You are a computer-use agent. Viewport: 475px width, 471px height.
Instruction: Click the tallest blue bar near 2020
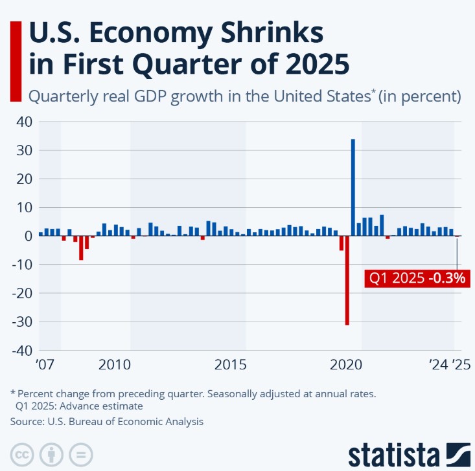(x=353, y=187)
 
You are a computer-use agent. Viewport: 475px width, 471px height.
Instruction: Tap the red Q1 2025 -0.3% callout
(x=417, y=279)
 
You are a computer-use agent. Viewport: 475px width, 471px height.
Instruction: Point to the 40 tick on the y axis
(x=25, y=122)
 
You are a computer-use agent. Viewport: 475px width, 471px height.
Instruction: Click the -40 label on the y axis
(x=21, y=350)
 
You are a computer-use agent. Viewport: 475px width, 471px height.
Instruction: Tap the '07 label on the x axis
(x=44, y=364)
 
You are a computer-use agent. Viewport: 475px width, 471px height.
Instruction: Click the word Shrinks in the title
(x=264, y=32)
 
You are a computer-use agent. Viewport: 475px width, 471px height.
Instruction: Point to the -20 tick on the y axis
(x=21, y=293)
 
